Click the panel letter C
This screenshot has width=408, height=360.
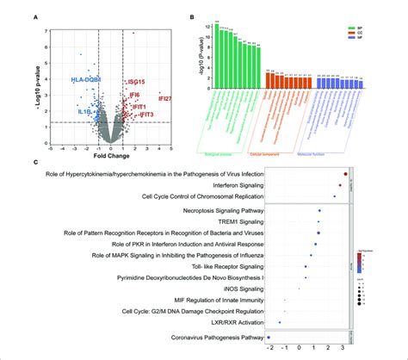[x=35, y=162]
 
